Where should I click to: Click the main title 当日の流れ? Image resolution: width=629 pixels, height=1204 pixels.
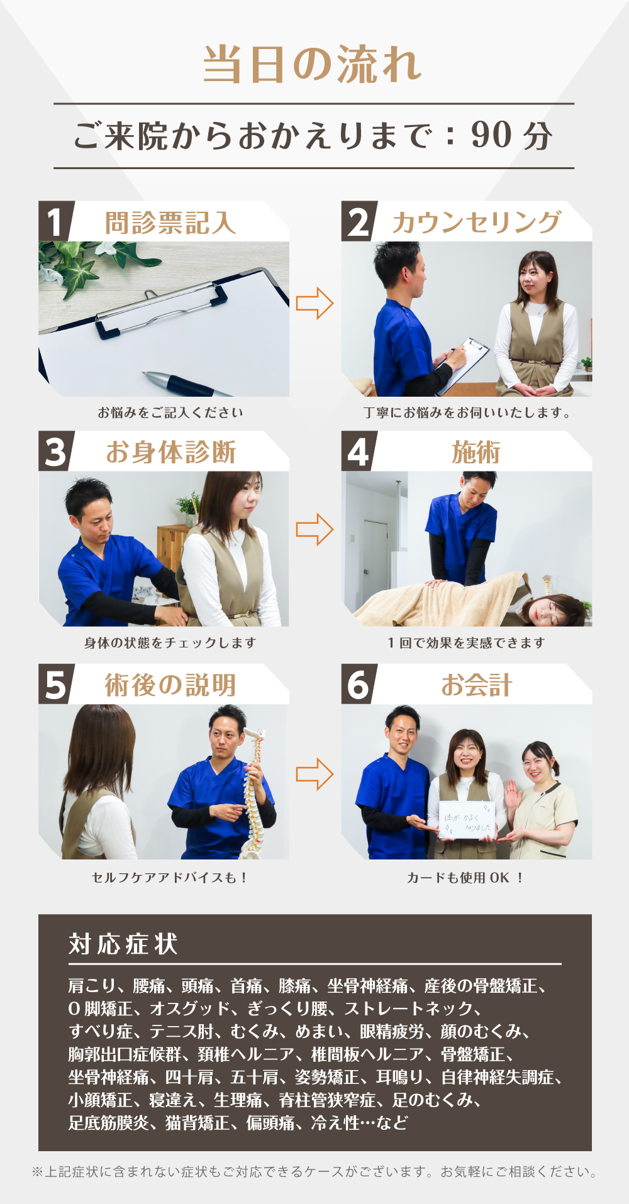pos(313,65)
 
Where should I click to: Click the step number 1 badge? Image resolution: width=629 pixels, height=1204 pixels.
pos(55,221)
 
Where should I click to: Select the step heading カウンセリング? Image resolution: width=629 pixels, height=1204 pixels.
pos(476,223)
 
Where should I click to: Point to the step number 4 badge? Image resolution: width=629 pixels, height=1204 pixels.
pos(359,451)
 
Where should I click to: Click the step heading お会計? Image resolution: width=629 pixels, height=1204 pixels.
pos(476,685)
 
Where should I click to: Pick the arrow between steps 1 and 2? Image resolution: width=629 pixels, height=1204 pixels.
pos(314,303)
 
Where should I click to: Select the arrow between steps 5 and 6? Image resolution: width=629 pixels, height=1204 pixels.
pos(314,774)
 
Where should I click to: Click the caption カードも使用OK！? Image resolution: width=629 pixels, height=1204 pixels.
pos(465,878)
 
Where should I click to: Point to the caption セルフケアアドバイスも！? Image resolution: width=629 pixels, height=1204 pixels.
pos(170,878)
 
